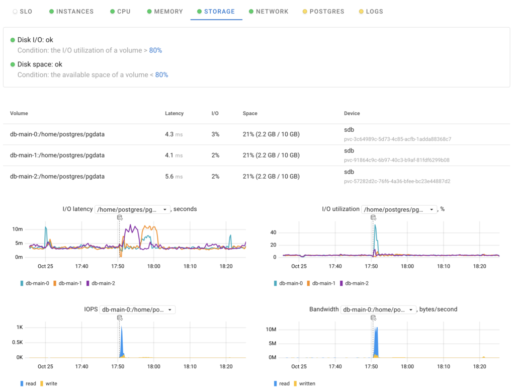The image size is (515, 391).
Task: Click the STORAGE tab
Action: [x=216, y=11]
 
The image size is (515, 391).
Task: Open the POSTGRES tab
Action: [x=326, y=11]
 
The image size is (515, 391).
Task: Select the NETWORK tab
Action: [x=272, y=11]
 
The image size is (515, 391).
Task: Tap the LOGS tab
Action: [x=374, y=11]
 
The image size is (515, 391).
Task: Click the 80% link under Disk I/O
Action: [x=155, y=50]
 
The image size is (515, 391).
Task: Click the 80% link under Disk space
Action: [x=161, y=74]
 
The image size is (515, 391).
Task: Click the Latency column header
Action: [x=174, y=114]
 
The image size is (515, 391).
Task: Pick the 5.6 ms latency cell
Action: [x=174, y=177]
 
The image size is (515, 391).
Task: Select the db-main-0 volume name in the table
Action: [x=57, y=134]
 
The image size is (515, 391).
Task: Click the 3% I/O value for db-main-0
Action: [x=215, y=134]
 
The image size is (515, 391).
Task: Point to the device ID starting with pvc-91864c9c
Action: [x=396, y=160]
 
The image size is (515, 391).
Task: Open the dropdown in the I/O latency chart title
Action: [x=133, y=209]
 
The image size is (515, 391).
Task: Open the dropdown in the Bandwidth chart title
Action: [x=378, y=309]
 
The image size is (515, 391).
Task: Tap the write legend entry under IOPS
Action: [x=51, y=383]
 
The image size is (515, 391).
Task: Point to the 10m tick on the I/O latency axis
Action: [x=18, y=229]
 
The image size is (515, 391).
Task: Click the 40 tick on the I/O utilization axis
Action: [x=274, y=232]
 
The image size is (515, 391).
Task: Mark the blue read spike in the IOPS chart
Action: [x=122, y=342]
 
